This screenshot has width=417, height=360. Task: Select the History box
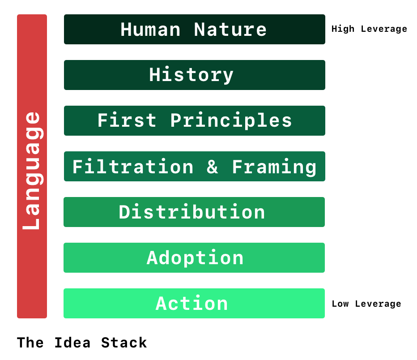click(194, 75)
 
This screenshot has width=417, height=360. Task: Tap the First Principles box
click(194, 121)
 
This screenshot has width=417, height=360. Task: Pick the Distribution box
click(194, 212)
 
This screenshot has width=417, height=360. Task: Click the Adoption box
click(194, 258)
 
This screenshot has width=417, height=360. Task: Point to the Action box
click(194, 304)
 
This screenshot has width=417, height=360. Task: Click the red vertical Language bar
click(32, 166)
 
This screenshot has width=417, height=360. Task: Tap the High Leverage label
click(369, 29)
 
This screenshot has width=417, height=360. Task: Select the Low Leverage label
click(366, 304)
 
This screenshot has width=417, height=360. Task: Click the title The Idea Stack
click(82, 343)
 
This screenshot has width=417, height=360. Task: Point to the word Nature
click(230, 30)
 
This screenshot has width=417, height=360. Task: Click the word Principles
click(231, 121)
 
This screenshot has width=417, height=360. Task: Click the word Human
click(150, 30)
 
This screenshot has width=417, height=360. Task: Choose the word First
click(127, 121)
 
